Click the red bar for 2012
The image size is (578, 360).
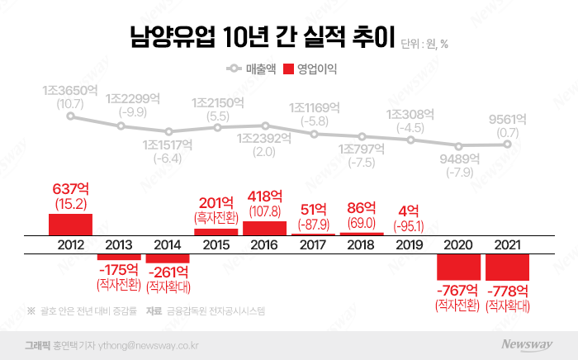click(x=70, y=225)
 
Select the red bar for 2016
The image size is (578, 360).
click(x=264, y=228)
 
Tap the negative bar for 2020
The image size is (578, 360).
click(x=458, y=267)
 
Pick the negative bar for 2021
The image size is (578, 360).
click(x=507, y=268)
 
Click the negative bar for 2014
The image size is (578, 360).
click(x=168, y=258)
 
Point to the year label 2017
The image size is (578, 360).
click(x=313, y=245)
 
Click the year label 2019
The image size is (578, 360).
click(x=410, y=245)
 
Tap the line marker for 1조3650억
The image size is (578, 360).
click(x=70, y=116)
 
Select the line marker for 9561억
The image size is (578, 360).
click(x=507, y=144)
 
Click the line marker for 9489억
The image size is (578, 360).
click(x=458, y=146)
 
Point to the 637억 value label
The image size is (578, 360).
click(x=70, y=189)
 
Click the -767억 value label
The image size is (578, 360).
click(x=457, y=291)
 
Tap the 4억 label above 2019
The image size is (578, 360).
click(x=409, y=211)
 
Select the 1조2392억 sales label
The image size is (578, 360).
click(x=264, y=139)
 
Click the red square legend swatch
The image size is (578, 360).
click(x=289, y=69)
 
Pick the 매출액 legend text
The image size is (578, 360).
click(x=261, y=69)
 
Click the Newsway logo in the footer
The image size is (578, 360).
click(x=527, y=344)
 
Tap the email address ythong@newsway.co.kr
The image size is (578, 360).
click(x=148, y=346)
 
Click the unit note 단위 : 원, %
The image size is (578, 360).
click(x=424, y=45)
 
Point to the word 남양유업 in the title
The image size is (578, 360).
click(x=172, y=37)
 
